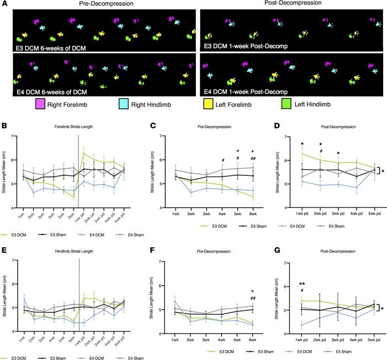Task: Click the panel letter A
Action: coord(5,4)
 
